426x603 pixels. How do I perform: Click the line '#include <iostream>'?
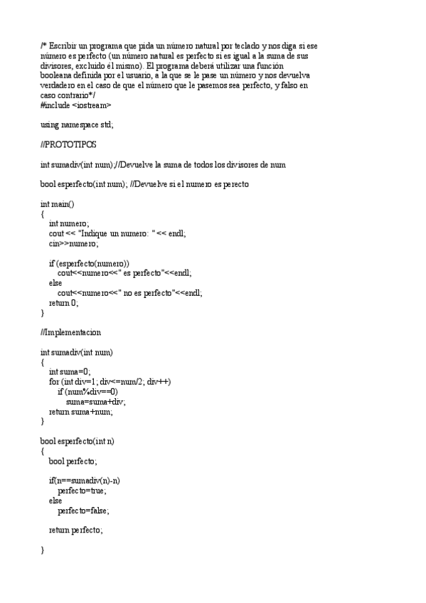pos(76,105)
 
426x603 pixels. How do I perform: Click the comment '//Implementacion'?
pos(71,332)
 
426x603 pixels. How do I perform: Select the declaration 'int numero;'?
pos(69,223)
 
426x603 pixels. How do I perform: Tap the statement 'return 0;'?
pos(63,302)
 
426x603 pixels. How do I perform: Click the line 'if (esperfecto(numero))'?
pos(89,263)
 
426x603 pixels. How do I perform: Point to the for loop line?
pos(110,382)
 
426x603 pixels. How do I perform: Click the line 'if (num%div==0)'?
pos(87,392)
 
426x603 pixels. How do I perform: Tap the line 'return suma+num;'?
pos(80,412)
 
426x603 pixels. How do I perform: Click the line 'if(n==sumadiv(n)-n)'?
pos(84,481)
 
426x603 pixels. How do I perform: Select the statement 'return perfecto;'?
pos(75,530)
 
